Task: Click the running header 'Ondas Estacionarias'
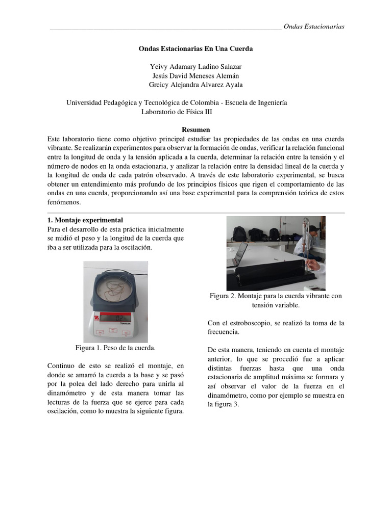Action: click(314, 27)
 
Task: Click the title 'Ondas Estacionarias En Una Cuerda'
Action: click(196, 49)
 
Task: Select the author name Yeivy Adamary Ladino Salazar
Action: click(196, 67)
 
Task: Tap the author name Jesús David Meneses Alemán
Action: click(196, 76)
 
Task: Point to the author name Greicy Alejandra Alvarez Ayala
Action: click(196, 85)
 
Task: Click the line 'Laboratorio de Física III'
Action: click(177, 112)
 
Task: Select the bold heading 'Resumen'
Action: click(196, 130)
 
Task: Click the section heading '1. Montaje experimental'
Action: click(85, 220)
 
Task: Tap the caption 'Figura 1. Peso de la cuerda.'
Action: click(115, 348)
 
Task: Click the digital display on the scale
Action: click(113, 318)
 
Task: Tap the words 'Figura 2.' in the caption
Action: click(224, 296)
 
